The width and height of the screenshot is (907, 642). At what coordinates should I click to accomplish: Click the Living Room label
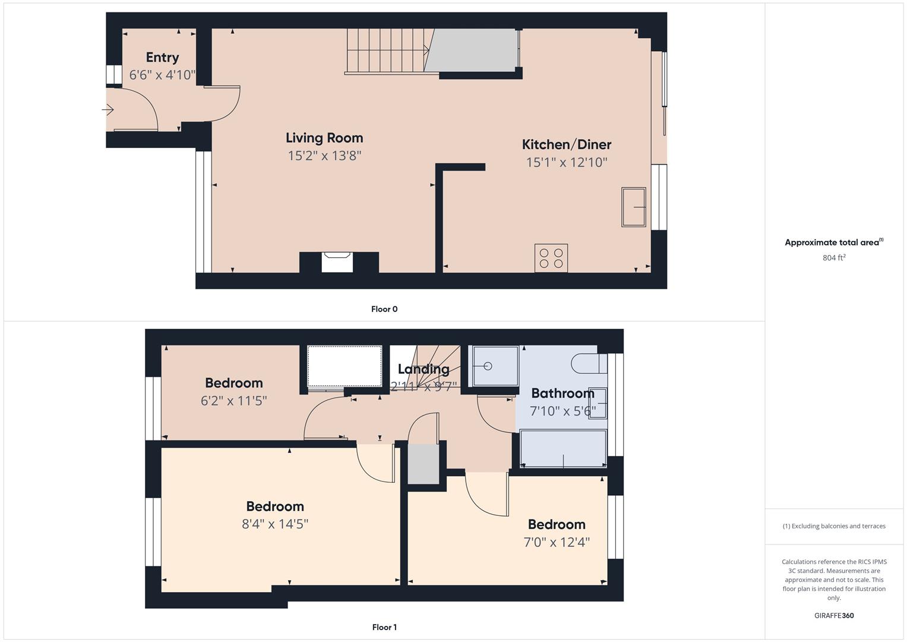(324, 138)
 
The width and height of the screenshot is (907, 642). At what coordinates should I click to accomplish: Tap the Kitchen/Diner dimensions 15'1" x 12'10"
(566, 162)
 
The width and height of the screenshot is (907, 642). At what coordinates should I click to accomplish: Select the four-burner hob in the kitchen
(551, 258)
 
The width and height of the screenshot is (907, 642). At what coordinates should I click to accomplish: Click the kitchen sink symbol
(633, 207)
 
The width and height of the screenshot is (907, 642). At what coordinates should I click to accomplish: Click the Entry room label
(162, 58)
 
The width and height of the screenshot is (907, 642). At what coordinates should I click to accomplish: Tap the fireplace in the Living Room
(337, 262)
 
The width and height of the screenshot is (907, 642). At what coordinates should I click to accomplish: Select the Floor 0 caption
(384, 309)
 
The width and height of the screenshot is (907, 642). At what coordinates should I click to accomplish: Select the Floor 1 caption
(384, 627)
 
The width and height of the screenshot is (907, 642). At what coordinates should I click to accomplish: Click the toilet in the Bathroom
(588, 363)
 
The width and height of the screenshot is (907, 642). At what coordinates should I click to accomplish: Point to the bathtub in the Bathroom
(562, 449)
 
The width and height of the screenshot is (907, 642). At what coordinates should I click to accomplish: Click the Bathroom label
(562, 394)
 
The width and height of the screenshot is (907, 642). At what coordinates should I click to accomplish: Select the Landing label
(424, 369)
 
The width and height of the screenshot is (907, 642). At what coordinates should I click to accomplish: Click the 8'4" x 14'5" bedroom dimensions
(275, 524)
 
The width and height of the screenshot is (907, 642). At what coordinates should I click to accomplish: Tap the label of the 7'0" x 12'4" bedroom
(557, 524)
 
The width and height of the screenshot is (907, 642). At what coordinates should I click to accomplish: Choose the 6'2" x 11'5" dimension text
(233, 401)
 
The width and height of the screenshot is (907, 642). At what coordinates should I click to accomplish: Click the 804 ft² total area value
(833, 258)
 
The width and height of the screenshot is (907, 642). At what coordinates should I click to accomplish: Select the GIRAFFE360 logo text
(833, 615)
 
